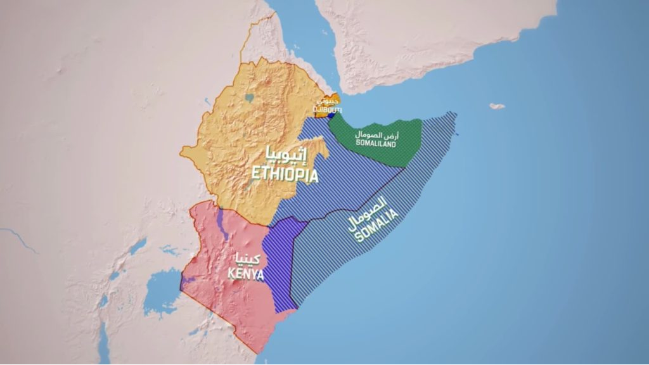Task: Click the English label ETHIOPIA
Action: (x=285, y=174)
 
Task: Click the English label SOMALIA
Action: (x=378, y=226)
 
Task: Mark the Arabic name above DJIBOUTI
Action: (x=328, y=101)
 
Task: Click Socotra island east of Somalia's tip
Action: (x=497, y=106)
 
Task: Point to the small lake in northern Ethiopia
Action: (x=250, y=99)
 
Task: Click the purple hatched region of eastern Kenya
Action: (x=278, y=266)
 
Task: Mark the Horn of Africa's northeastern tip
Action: (x=454, y=115)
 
